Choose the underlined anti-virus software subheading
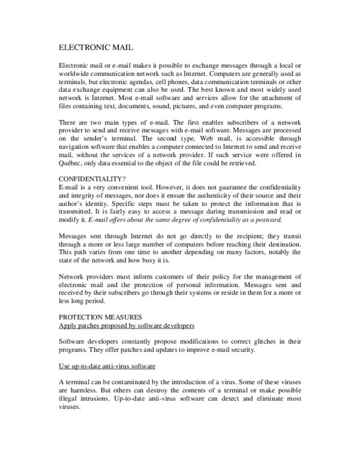[x=107, y=366]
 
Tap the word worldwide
[x=76, y=73]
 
